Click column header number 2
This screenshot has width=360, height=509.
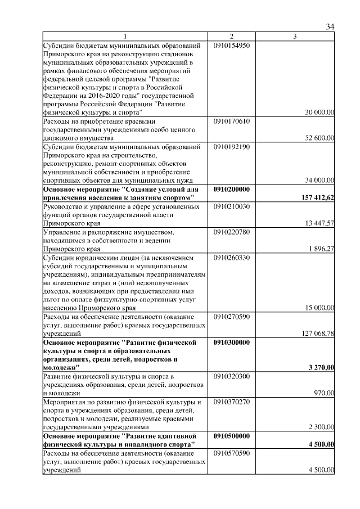point(232,37)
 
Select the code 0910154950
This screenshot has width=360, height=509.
point(232,45)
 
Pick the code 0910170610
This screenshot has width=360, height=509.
point(232,121)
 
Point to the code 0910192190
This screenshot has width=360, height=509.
point(232,146)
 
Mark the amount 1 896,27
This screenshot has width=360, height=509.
point(322,248)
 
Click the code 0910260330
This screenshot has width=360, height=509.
point(232,257)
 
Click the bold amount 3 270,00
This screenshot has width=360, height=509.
point(321,367)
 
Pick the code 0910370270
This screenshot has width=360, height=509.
point(232,402)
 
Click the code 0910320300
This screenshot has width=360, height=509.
point(232,376)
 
